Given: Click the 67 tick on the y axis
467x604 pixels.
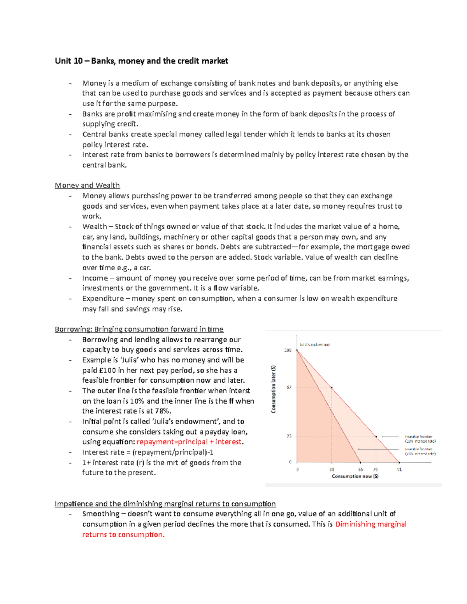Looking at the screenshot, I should click(x=289, y=387).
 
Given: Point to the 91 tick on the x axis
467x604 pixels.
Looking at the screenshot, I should click(x=399, y=469).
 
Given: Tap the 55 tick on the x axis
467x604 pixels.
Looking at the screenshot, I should click(x=360, y=469).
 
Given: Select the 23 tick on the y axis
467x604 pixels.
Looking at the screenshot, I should click(x=289, y=436).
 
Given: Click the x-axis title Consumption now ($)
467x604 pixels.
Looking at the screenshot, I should click(x=355, y=476).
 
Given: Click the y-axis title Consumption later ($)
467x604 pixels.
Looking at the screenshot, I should click(x=273, y=389).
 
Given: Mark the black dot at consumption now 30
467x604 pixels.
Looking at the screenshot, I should click(x=332, y=388).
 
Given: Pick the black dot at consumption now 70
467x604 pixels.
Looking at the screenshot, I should click(x=376, y=437).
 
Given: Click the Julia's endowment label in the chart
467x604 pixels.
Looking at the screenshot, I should click(x=315, y=345).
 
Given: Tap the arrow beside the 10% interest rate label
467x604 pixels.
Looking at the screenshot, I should click(x=390, y=437).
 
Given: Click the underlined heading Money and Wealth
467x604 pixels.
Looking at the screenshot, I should click(x=87, y=186).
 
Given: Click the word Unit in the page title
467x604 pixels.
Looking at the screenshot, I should click(x=63, y=61).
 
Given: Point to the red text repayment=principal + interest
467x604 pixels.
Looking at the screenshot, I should click(x=189, y=442).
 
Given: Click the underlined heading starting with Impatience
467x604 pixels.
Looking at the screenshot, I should click(x=165, y=504).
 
